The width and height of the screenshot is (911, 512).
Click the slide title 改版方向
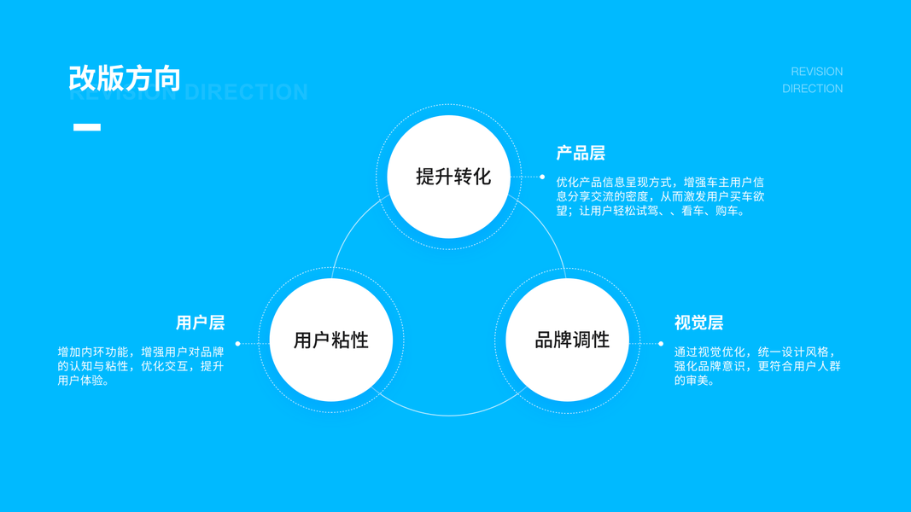click(x=125, y=78)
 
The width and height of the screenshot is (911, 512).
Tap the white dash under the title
click(x=87, y=127)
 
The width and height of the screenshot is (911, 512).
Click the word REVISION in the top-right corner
click(x=816, y=72)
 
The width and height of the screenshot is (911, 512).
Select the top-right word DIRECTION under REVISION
click(x=812, y=89)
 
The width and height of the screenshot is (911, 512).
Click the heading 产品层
click(x=581, y=154)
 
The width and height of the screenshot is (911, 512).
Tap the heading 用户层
click(x=200, y=323)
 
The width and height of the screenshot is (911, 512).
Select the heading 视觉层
click(x=698, y=323)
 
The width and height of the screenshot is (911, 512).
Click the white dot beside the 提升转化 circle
click(x=542, y=177)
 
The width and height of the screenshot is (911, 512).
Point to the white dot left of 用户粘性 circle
click(x=237, y=344)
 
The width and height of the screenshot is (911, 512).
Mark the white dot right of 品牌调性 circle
click(x=661, y=344)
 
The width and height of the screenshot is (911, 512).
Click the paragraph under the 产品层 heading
click(x=660, y=196)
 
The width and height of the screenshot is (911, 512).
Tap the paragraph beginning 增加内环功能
click(x=141, y=366)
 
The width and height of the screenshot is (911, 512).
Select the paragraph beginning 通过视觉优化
click(x=756, y=366)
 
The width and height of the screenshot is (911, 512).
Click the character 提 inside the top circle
click(x=425, y=177)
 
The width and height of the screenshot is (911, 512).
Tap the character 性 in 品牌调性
click(x=600, y=340)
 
